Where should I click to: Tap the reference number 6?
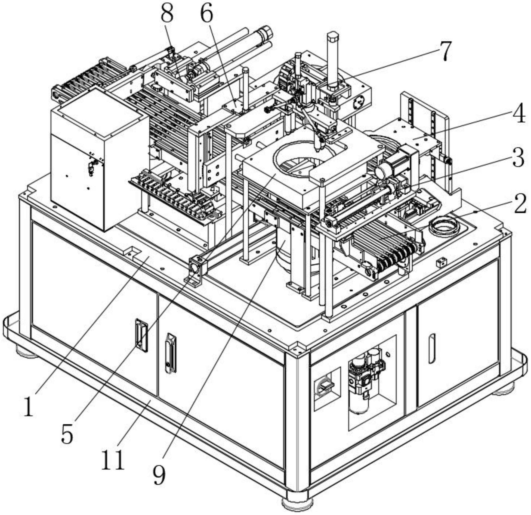(x=206, y=13)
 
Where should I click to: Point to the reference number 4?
(x=518, y=114)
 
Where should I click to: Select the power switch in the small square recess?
(x=324, y=387)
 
